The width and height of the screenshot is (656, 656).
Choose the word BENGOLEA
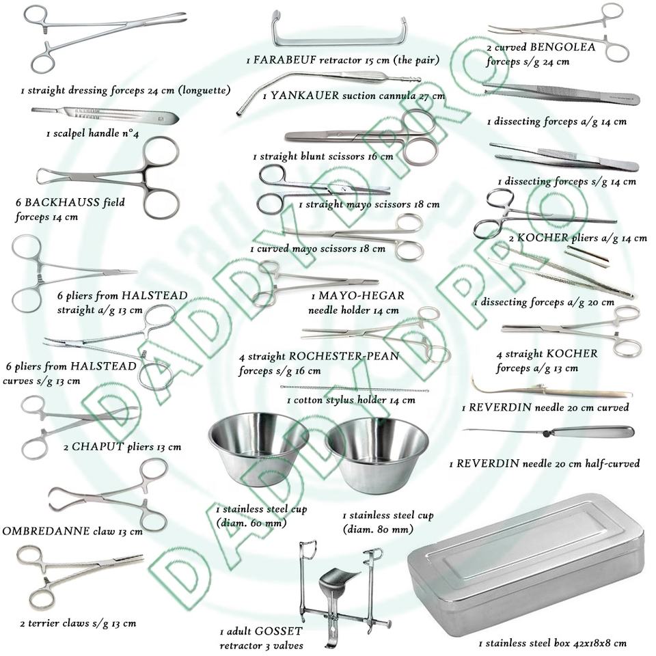(x=560, y=47)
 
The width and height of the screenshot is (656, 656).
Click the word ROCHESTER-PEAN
(x=344, y=357)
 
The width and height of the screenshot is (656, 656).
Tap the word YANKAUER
(x=305, y=96)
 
